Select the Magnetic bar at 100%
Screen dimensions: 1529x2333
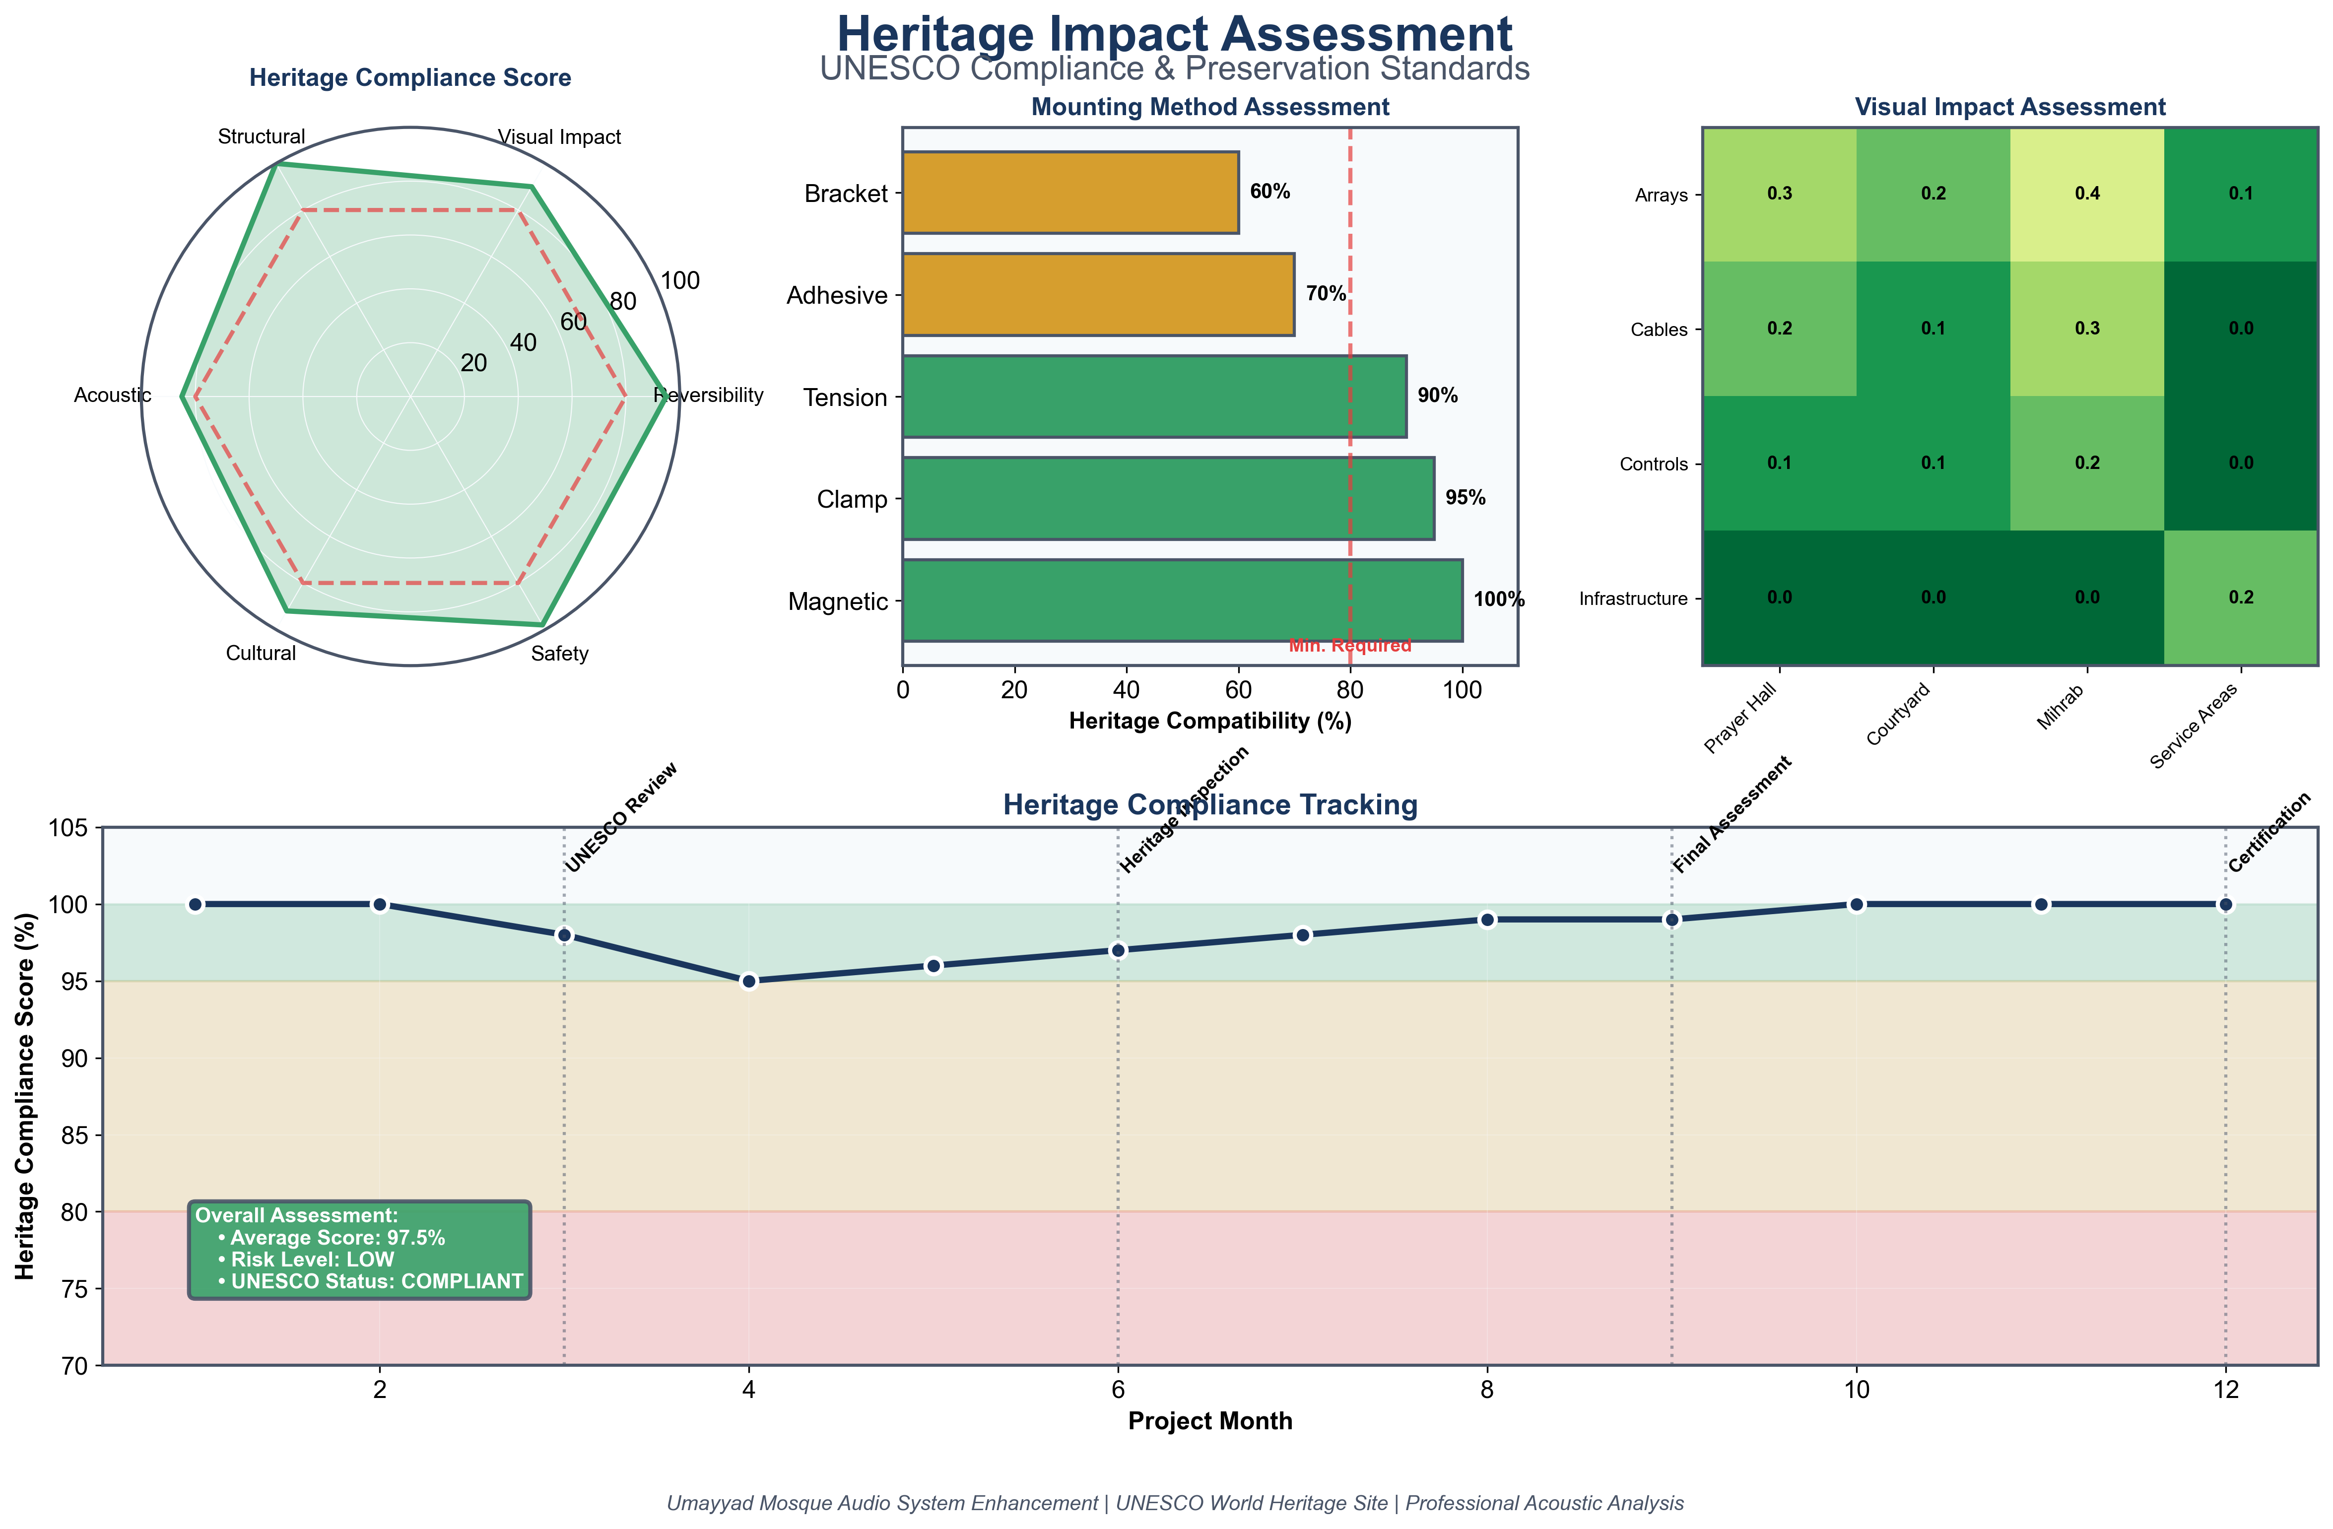click(x=1181, y=601)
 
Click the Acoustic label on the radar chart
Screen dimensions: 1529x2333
click(x=113, y=395)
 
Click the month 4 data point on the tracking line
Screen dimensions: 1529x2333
click(x=749, y=981)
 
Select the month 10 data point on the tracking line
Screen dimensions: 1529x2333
click(x=1856, y=904)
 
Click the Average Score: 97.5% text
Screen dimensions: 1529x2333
click(x=337, y=1238)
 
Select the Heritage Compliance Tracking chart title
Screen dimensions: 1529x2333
click(x=1209, y=804)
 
